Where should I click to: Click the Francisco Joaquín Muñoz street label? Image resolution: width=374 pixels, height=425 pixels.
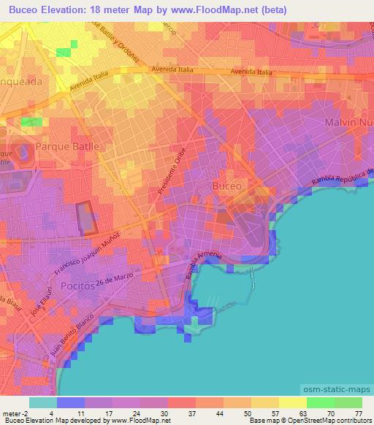click(x=85, y=256)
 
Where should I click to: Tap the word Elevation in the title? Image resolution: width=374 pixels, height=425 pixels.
click(x=68, y=10)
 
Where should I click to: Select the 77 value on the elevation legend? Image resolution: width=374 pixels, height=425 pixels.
click(x=359, y=413)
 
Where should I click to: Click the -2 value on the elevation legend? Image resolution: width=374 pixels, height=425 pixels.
click(x=25, y=413)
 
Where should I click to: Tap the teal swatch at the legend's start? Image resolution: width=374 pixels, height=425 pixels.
click(x=43, y=402)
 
